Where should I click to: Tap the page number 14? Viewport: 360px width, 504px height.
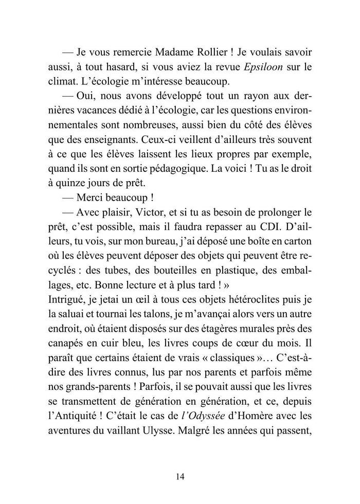[179, 476]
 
